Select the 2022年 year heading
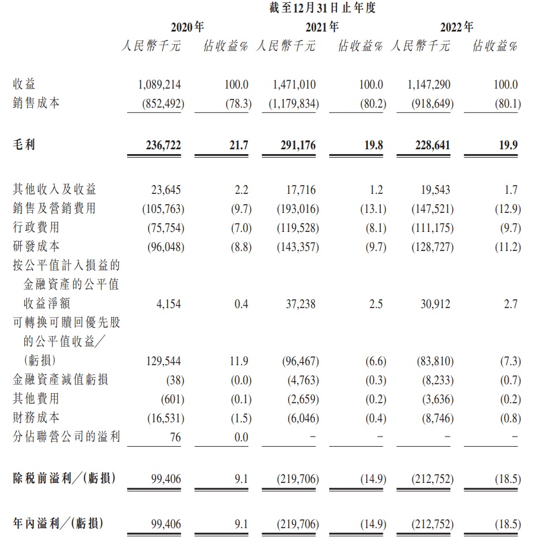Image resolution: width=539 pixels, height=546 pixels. pyautogui.click(x=457, y=27)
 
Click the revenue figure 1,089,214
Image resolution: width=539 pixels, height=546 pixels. pyautogui.click(x=161, y=85)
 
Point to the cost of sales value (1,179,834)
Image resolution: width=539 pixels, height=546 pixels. pyautogui.click(x=294, y=104)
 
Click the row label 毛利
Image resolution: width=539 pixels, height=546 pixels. pyautogui.click(x=24, y=144)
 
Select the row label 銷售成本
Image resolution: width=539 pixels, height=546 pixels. pyautogui.click(x=36, y=103)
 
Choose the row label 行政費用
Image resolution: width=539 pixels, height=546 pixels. pyautogui.click(x=36, y=227)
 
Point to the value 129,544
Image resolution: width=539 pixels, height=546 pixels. pyautogui.click(x=163, y=361)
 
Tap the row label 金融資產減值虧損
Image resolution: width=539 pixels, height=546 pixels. pyautogui.click(x=61, y=379)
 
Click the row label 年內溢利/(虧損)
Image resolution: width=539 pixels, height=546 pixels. pyautogui.click(x=58, y=523)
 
